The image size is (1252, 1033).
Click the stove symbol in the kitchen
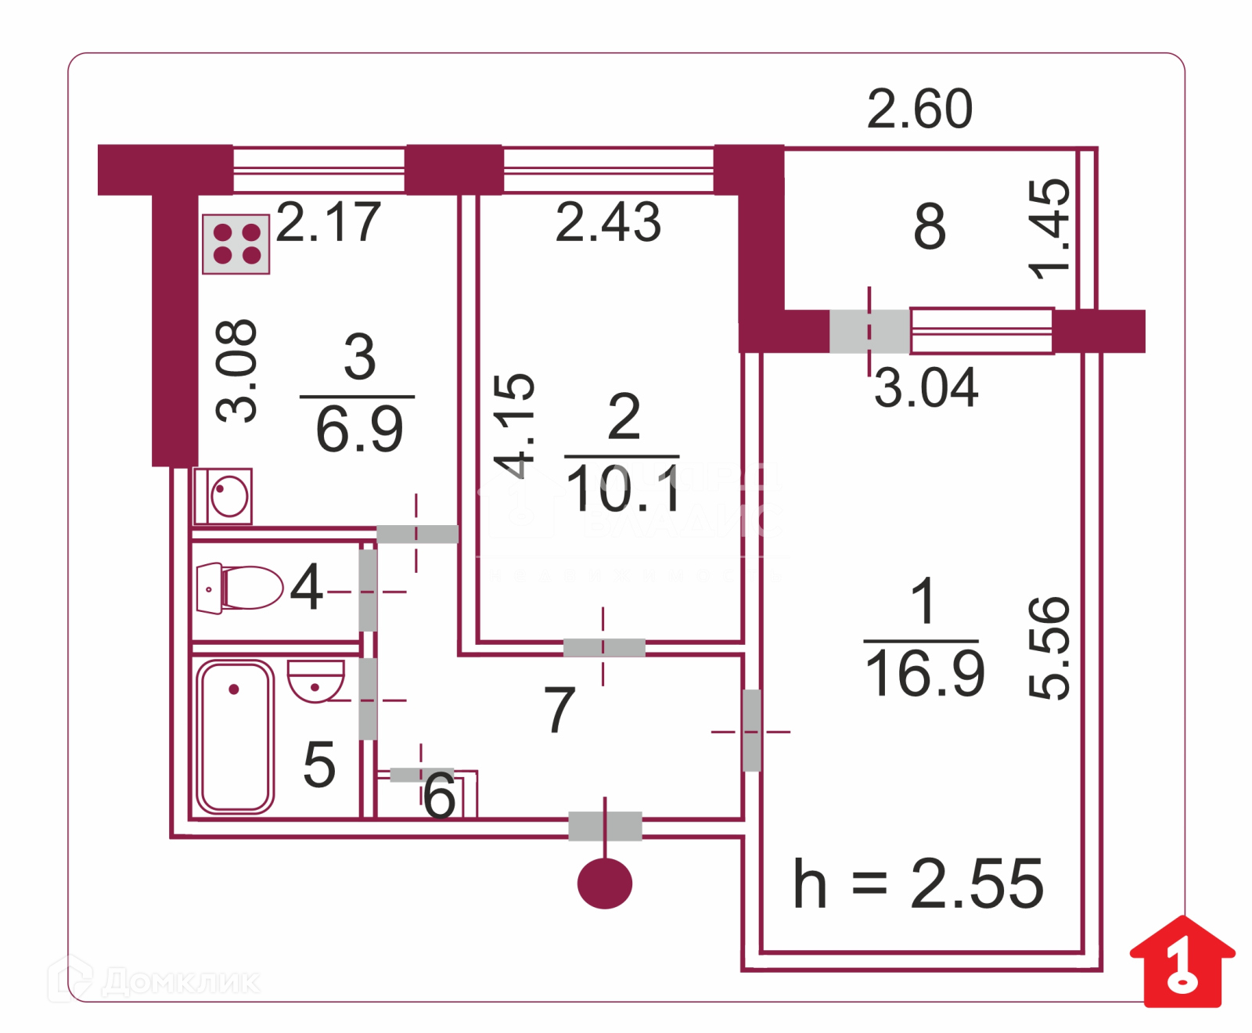pos(236,244)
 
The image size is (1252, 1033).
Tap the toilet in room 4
pos(240,588)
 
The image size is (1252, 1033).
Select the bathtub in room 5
pos(235,736)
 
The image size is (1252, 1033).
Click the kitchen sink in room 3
pos(224,496)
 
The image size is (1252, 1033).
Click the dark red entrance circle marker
pos(604,884)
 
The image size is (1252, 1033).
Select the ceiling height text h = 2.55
pos(918,884)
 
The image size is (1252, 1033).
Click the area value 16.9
pos(924,673)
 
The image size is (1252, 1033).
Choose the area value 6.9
pos(359,429)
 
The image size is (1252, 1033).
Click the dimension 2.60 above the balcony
pos(919,109)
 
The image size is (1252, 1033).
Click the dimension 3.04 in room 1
pos(926,387)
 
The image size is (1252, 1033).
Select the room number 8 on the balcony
pos(930,227)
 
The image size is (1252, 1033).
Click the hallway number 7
pos(559,710)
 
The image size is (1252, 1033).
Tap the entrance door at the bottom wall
pos(605,826)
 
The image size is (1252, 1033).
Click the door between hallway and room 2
pos(604,647)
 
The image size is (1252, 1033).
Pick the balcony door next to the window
pos(869,331)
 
